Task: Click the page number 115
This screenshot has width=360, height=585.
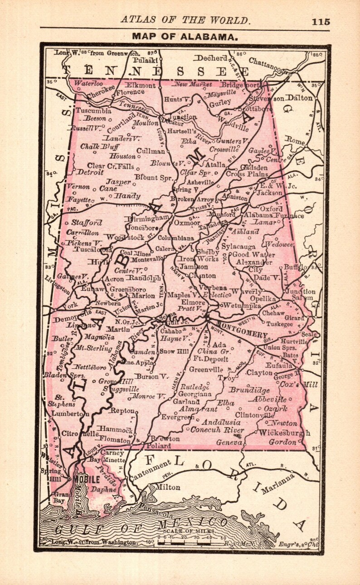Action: pos(321,21)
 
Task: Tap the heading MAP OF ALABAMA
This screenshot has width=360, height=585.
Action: pos(185,37)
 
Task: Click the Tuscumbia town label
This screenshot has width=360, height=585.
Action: pos(94,111)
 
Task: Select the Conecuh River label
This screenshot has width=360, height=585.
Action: pos(218,430)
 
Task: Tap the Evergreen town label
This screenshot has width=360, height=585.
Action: pos(175,417)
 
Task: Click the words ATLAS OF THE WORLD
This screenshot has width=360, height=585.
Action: pos(185,20)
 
